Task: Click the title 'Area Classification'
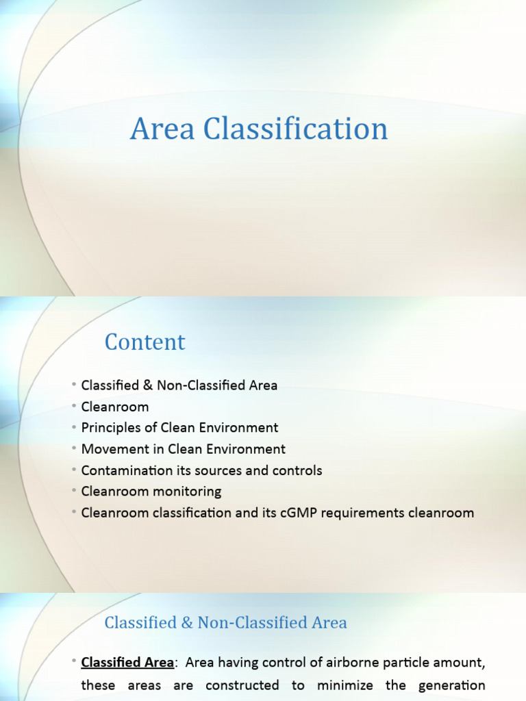click(x=259, y=129)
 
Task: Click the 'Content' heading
click(x=145, y=342)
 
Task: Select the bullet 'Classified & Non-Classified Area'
click(x=179, y=385)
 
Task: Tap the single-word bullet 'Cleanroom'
click(x=115, y=407)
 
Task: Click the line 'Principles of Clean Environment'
click(x=179, y=428)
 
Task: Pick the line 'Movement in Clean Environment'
click(x=183, y=449)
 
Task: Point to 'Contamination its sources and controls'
click(x=201, y=470)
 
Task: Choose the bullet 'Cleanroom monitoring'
click(x=151, y=492)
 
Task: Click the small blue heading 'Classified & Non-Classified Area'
click(x=225, y=622)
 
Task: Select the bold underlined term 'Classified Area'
click(x=127, y=663)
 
